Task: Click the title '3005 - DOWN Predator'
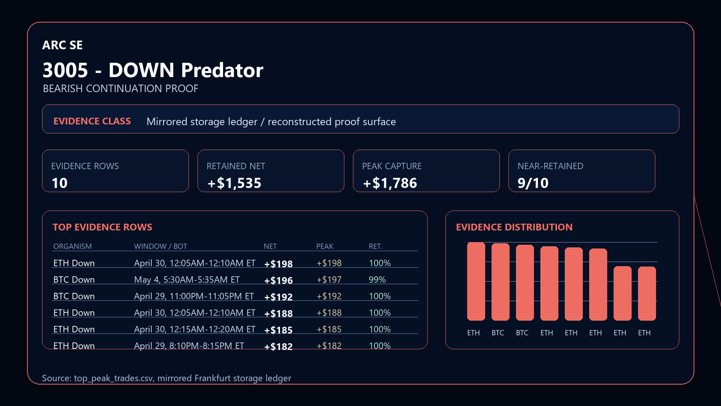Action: (153, 70)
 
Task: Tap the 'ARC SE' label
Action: (62, 45)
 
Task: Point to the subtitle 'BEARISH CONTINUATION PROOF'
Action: (121, 89)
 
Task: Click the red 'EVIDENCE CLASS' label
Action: (92, 121)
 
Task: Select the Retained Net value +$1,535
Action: (234, 183)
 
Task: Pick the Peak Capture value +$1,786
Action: (390, 183)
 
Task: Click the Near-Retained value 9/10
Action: (533, 183)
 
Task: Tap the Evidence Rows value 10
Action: (59, 183)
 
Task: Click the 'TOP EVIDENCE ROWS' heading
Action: (103, 227)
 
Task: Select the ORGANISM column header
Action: (72, 246)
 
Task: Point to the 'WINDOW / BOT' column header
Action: (161, 246)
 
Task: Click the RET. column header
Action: (376, 246)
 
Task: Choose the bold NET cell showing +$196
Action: (279, 280)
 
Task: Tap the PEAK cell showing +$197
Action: (329, 280)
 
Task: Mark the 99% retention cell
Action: (377, 280)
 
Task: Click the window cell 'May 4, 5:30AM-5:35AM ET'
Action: (187, 280)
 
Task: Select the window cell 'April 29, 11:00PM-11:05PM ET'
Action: (194, 296)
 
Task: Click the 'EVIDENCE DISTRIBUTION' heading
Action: (514, 227)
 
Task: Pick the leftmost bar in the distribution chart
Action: (476, 282)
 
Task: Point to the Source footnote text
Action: (166, 378)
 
